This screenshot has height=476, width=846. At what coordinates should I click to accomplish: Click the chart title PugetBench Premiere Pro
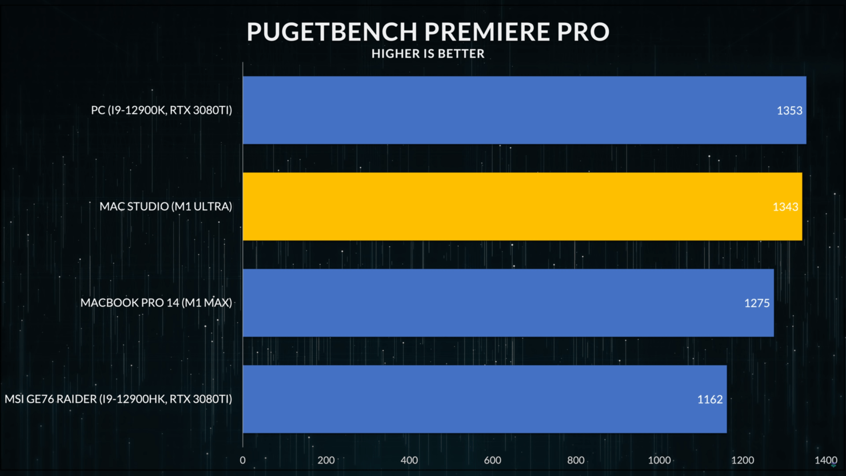pos(428,32)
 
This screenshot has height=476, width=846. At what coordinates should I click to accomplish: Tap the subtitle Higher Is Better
pos(428,54)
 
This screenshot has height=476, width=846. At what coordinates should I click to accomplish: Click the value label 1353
pos(789,110)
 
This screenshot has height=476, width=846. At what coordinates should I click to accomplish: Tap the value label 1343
pos(785,207)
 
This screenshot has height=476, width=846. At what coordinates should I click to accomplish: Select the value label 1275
pos(757,303)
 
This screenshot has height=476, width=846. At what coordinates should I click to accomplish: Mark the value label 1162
pos(710,399)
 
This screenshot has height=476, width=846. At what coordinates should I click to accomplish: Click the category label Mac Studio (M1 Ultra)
pos(166,206)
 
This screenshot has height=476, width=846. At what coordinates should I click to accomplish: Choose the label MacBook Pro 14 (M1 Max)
pos(156,303)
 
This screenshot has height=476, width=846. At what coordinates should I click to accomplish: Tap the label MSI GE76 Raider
pos(118,399)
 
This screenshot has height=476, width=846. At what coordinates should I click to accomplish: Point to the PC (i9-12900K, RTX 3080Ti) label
pos(161,110)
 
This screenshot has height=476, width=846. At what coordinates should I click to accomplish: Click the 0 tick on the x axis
pos(242,460)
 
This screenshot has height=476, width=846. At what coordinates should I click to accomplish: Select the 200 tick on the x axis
pos(326,460)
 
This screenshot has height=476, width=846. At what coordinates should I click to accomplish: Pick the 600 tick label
pos(492,460)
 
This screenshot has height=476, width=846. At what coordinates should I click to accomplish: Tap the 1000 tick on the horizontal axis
pos(659,460)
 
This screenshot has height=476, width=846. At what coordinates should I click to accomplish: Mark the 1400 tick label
pos(825,460)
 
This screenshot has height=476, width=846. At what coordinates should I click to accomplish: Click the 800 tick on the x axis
pos(576,460)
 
